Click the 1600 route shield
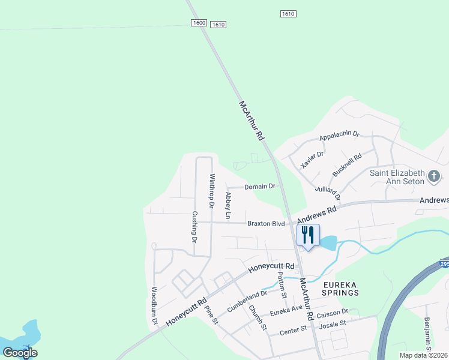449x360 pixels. (199, 23)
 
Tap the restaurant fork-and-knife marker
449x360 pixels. (308, 235)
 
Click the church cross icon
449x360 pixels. (434, 177)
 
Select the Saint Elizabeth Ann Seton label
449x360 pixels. (397, 177)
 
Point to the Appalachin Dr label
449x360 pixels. (339, 136)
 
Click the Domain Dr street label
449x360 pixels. (259, 187)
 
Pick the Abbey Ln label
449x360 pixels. (228, 205)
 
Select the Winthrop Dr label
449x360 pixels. (211, 190)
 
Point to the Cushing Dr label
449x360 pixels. (194, 226)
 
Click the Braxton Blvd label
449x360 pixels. (265, 223)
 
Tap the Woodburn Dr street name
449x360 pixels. (154, 305)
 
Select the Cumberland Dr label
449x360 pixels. (247, 301)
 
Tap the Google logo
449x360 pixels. (20, 353)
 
